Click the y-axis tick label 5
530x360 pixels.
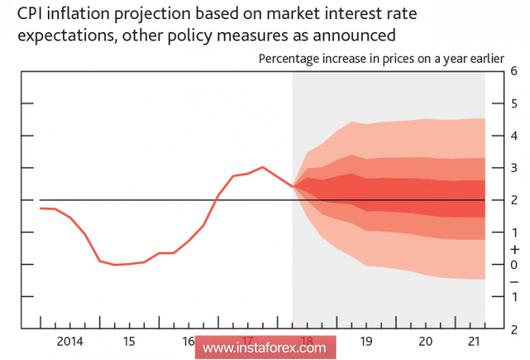[515, 104]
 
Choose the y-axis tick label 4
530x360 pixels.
[515, 135]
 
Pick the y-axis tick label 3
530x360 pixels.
[515, 168]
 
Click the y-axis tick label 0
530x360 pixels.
[515, 264]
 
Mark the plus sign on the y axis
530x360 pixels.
[515, 249]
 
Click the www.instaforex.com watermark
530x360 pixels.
[264, 348]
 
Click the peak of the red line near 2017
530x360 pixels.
[263, 167]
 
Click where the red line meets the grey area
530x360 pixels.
[293, 186]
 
